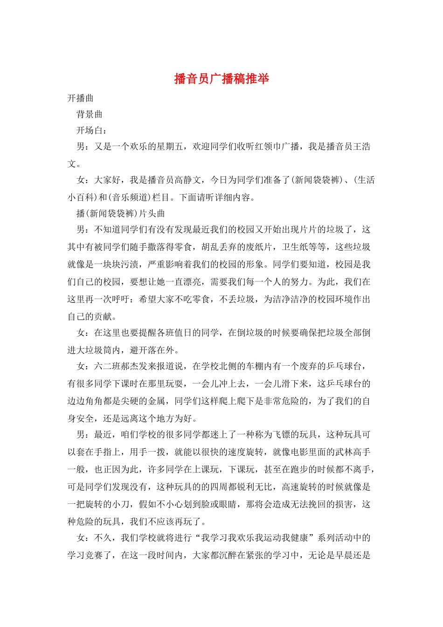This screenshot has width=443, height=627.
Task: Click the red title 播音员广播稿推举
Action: point(221,79)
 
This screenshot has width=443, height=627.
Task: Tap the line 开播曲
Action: point(80,98)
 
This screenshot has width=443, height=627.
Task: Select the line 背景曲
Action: point(90,114)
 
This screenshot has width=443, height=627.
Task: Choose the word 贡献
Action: point(103,317)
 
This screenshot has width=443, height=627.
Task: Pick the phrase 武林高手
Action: point(353,452)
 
